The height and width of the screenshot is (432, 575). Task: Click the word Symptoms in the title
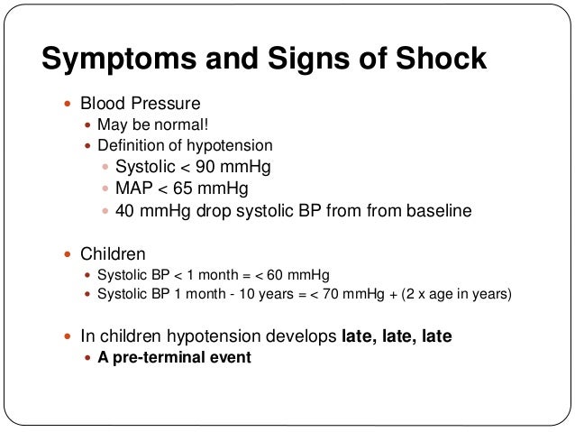tap(117, 60)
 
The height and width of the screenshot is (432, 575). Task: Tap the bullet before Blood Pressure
tap(68, 105)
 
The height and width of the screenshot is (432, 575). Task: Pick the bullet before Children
tap(68, 254)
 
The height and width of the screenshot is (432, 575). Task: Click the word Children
tap(113, 254)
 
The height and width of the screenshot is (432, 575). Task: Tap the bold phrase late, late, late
tap(397, 335)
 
